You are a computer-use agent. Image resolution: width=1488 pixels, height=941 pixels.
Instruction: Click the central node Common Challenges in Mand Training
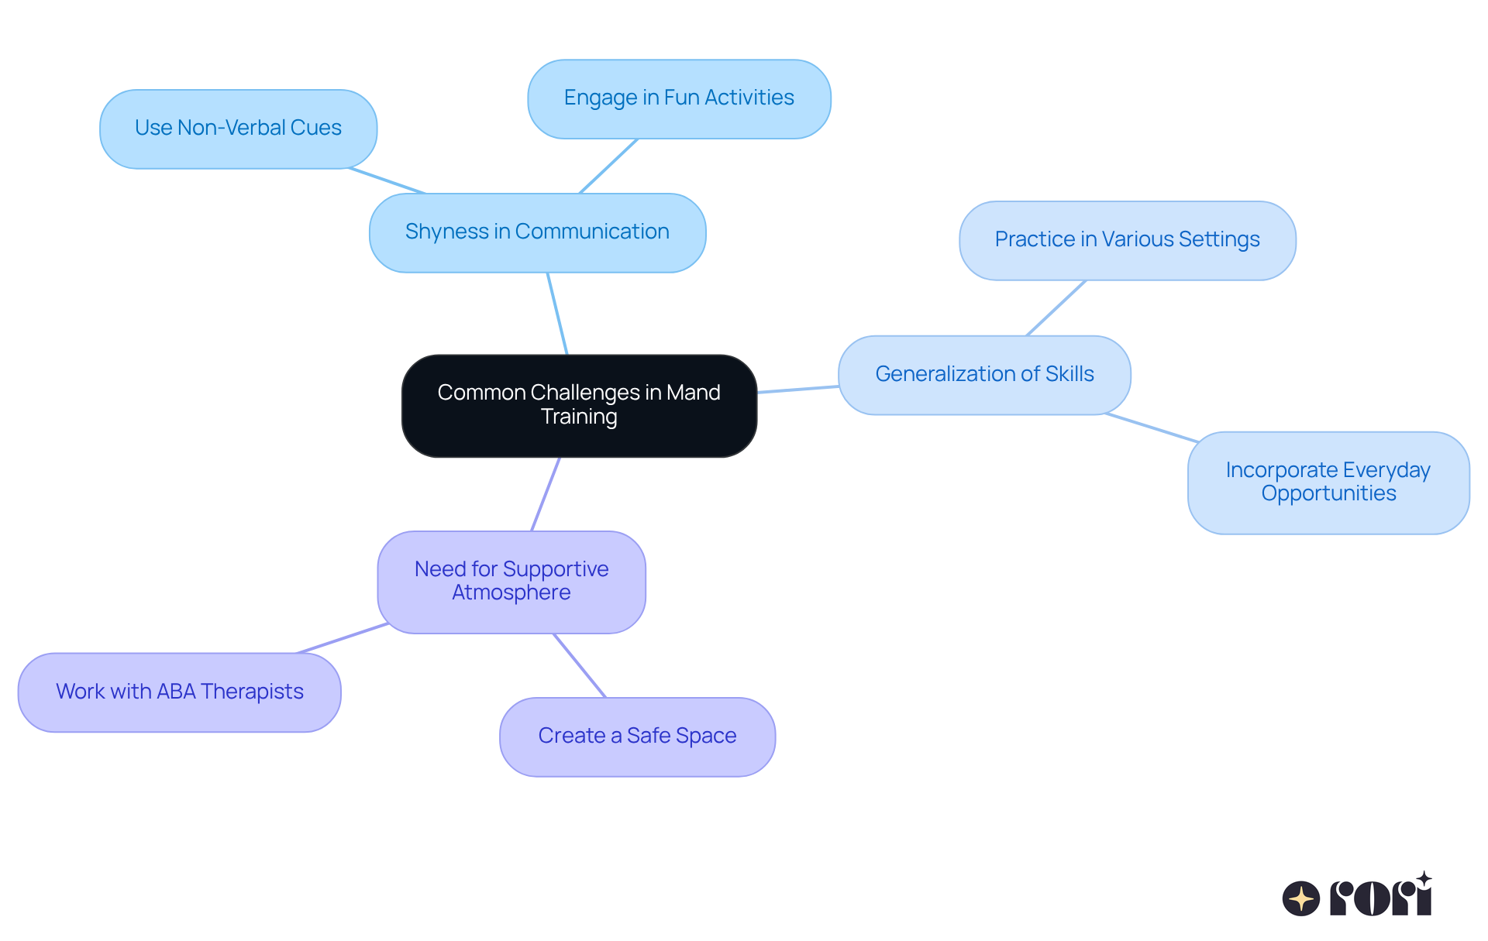tap(579, 405)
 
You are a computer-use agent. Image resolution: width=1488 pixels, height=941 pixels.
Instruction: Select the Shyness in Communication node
tap(537, 232)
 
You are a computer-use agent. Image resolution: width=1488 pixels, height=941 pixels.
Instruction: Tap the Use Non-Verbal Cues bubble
tap(238, 129)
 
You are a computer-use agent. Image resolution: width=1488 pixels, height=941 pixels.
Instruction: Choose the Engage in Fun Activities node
tap(679, 98)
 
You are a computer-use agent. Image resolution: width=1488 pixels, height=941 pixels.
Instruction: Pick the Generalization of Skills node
tap(984, 375)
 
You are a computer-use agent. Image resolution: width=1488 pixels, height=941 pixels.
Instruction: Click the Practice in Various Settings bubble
tap(1127, 240)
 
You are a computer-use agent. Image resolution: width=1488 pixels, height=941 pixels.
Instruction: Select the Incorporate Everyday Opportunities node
tap(1328, 483)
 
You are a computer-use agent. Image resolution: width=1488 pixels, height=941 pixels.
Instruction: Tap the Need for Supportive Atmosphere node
tap(511, 582)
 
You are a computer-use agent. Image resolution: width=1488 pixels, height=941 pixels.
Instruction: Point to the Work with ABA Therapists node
tap(179, 692)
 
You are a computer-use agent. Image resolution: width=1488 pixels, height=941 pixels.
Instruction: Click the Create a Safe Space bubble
tap(637, 737)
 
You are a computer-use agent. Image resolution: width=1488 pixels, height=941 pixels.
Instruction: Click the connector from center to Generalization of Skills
tap(798, 389)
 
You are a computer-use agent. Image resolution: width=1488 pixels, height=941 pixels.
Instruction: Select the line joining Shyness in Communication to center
tap(557, 313)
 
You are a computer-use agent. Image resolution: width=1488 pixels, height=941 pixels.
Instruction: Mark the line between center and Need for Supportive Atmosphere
tap(546, 493)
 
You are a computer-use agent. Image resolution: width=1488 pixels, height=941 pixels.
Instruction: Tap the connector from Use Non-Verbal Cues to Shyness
tap(387, 180)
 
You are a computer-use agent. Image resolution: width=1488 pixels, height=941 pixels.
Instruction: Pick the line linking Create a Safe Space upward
tap(580, 665)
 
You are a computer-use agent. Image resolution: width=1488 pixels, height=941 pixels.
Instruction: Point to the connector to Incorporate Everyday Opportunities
tap(1152, 428)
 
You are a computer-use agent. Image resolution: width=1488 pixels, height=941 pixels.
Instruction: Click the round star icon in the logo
tap(1301, 898)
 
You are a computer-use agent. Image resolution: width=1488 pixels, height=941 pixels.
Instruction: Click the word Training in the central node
tap(579, 417)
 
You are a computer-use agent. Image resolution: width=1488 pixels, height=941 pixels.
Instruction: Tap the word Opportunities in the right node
tap(1328, 494)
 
